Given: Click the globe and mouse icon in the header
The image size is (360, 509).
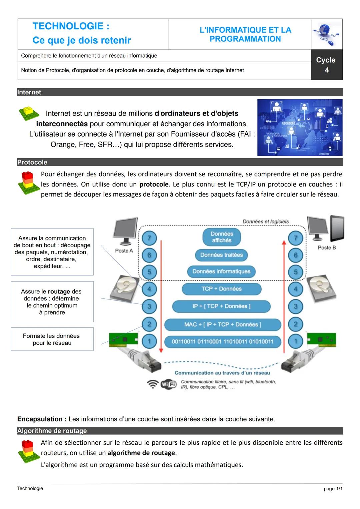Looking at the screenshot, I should tap(327, 34).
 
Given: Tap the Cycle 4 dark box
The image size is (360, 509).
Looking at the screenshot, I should tap(327, 65).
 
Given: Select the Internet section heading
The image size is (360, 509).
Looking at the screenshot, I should tap(29, 92).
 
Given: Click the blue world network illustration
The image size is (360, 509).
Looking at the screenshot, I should tap(300, 128).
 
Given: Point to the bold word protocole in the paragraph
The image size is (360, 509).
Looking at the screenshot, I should tap(154, 184).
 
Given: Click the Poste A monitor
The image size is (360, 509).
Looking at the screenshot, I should tap(125, 231).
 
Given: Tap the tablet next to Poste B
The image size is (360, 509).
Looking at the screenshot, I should tap(337, 228).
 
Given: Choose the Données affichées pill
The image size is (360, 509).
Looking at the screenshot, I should tap(222, 237).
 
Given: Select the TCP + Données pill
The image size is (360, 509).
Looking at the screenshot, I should tap(221, 289).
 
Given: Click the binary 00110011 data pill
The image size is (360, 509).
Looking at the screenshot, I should tap(222, 341).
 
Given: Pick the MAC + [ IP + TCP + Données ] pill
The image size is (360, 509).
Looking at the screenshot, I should tap(222, 324).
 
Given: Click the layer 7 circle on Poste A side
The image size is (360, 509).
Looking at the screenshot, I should tap(149, 238).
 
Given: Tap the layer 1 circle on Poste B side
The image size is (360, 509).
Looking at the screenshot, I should tap(295, 341).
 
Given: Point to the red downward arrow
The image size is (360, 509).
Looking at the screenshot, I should tap(161, 296).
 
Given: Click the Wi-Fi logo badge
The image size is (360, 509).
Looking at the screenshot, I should tap(169, 384).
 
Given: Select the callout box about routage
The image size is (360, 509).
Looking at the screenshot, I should tap(52, 301).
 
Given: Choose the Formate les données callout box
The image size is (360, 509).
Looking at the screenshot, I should tap(52, 339).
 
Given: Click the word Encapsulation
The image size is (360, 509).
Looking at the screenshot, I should tap(40, 419).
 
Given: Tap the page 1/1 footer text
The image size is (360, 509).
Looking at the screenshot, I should tap(333, 489).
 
